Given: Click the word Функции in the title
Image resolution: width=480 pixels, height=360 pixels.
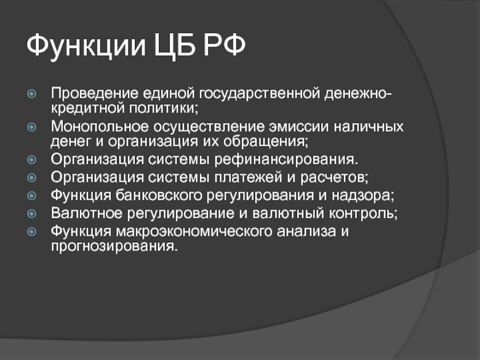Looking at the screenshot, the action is click(x=86, y=46).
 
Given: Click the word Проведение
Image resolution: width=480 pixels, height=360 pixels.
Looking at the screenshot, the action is click(x=95, y=93).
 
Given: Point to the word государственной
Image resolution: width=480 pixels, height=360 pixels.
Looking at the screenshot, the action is click(x=260, y=94).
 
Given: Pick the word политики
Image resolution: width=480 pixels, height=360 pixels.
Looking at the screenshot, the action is click(x=163, y=108).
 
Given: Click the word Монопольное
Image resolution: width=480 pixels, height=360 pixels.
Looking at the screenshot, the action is click(x=100, y=127).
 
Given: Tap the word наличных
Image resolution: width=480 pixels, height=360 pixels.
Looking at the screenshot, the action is click(x=368, y=127).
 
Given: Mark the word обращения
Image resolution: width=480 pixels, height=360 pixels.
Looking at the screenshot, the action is click(x=266, y=142).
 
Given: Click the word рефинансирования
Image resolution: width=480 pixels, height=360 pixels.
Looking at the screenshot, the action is click(x=286, y=160).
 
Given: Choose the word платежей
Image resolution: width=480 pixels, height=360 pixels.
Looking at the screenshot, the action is click(x=248, y=178).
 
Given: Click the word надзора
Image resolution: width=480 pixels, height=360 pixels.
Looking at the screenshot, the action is click(x=363, y=196).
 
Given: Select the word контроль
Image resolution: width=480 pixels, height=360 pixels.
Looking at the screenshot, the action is click(x=363, y=214).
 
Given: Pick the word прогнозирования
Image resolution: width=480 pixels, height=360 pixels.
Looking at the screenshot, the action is click(x=114, y=247).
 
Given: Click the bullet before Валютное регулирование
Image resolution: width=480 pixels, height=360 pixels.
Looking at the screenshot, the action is click(x=32, y=214).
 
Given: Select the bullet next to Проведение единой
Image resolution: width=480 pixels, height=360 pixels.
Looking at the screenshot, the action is click(x=32, y=94).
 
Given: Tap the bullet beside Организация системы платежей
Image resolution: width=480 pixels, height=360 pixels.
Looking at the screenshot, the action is click(x=32, y=178).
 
